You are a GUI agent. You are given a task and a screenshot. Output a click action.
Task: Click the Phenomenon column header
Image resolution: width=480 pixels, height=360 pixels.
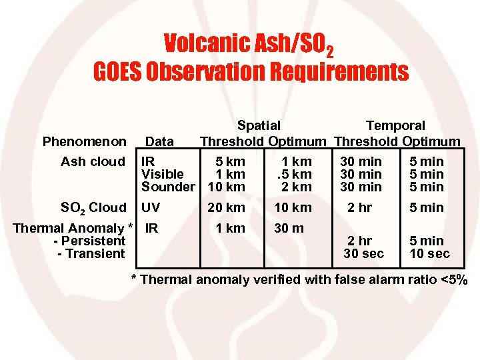point(84,141)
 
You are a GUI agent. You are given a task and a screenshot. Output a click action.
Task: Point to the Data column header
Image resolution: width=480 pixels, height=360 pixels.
point(159,141)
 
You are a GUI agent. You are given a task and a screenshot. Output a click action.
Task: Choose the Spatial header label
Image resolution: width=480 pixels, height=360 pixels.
point(259,125)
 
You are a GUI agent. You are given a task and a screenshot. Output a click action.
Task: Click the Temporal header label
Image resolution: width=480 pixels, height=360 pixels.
point(395,125)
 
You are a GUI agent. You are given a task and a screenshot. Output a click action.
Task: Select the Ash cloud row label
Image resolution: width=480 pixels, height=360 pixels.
point(93,161)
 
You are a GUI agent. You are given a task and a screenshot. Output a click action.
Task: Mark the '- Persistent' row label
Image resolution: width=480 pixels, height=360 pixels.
point(93,241)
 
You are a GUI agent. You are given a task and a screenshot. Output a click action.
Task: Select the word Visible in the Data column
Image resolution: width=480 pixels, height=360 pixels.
point(163,174)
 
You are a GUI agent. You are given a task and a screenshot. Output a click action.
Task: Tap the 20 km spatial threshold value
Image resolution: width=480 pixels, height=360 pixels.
point(227,207)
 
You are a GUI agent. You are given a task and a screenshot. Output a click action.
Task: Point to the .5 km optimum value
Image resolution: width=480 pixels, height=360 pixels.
point(294,174)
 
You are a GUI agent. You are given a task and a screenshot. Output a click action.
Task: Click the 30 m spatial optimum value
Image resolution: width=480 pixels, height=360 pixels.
point(289,228)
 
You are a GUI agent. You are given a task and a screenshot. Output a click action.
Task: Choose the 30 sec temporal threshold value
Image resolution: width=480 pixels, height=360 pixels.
point(363,253)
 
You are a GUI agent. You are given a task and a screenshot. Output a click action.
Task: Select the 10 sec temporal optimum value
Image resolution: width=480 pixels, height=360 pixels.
point(429,253)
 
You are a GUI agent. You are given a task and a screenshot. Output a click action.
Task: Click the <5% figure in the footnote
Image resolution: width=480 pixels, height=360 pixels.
point(453,279)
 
